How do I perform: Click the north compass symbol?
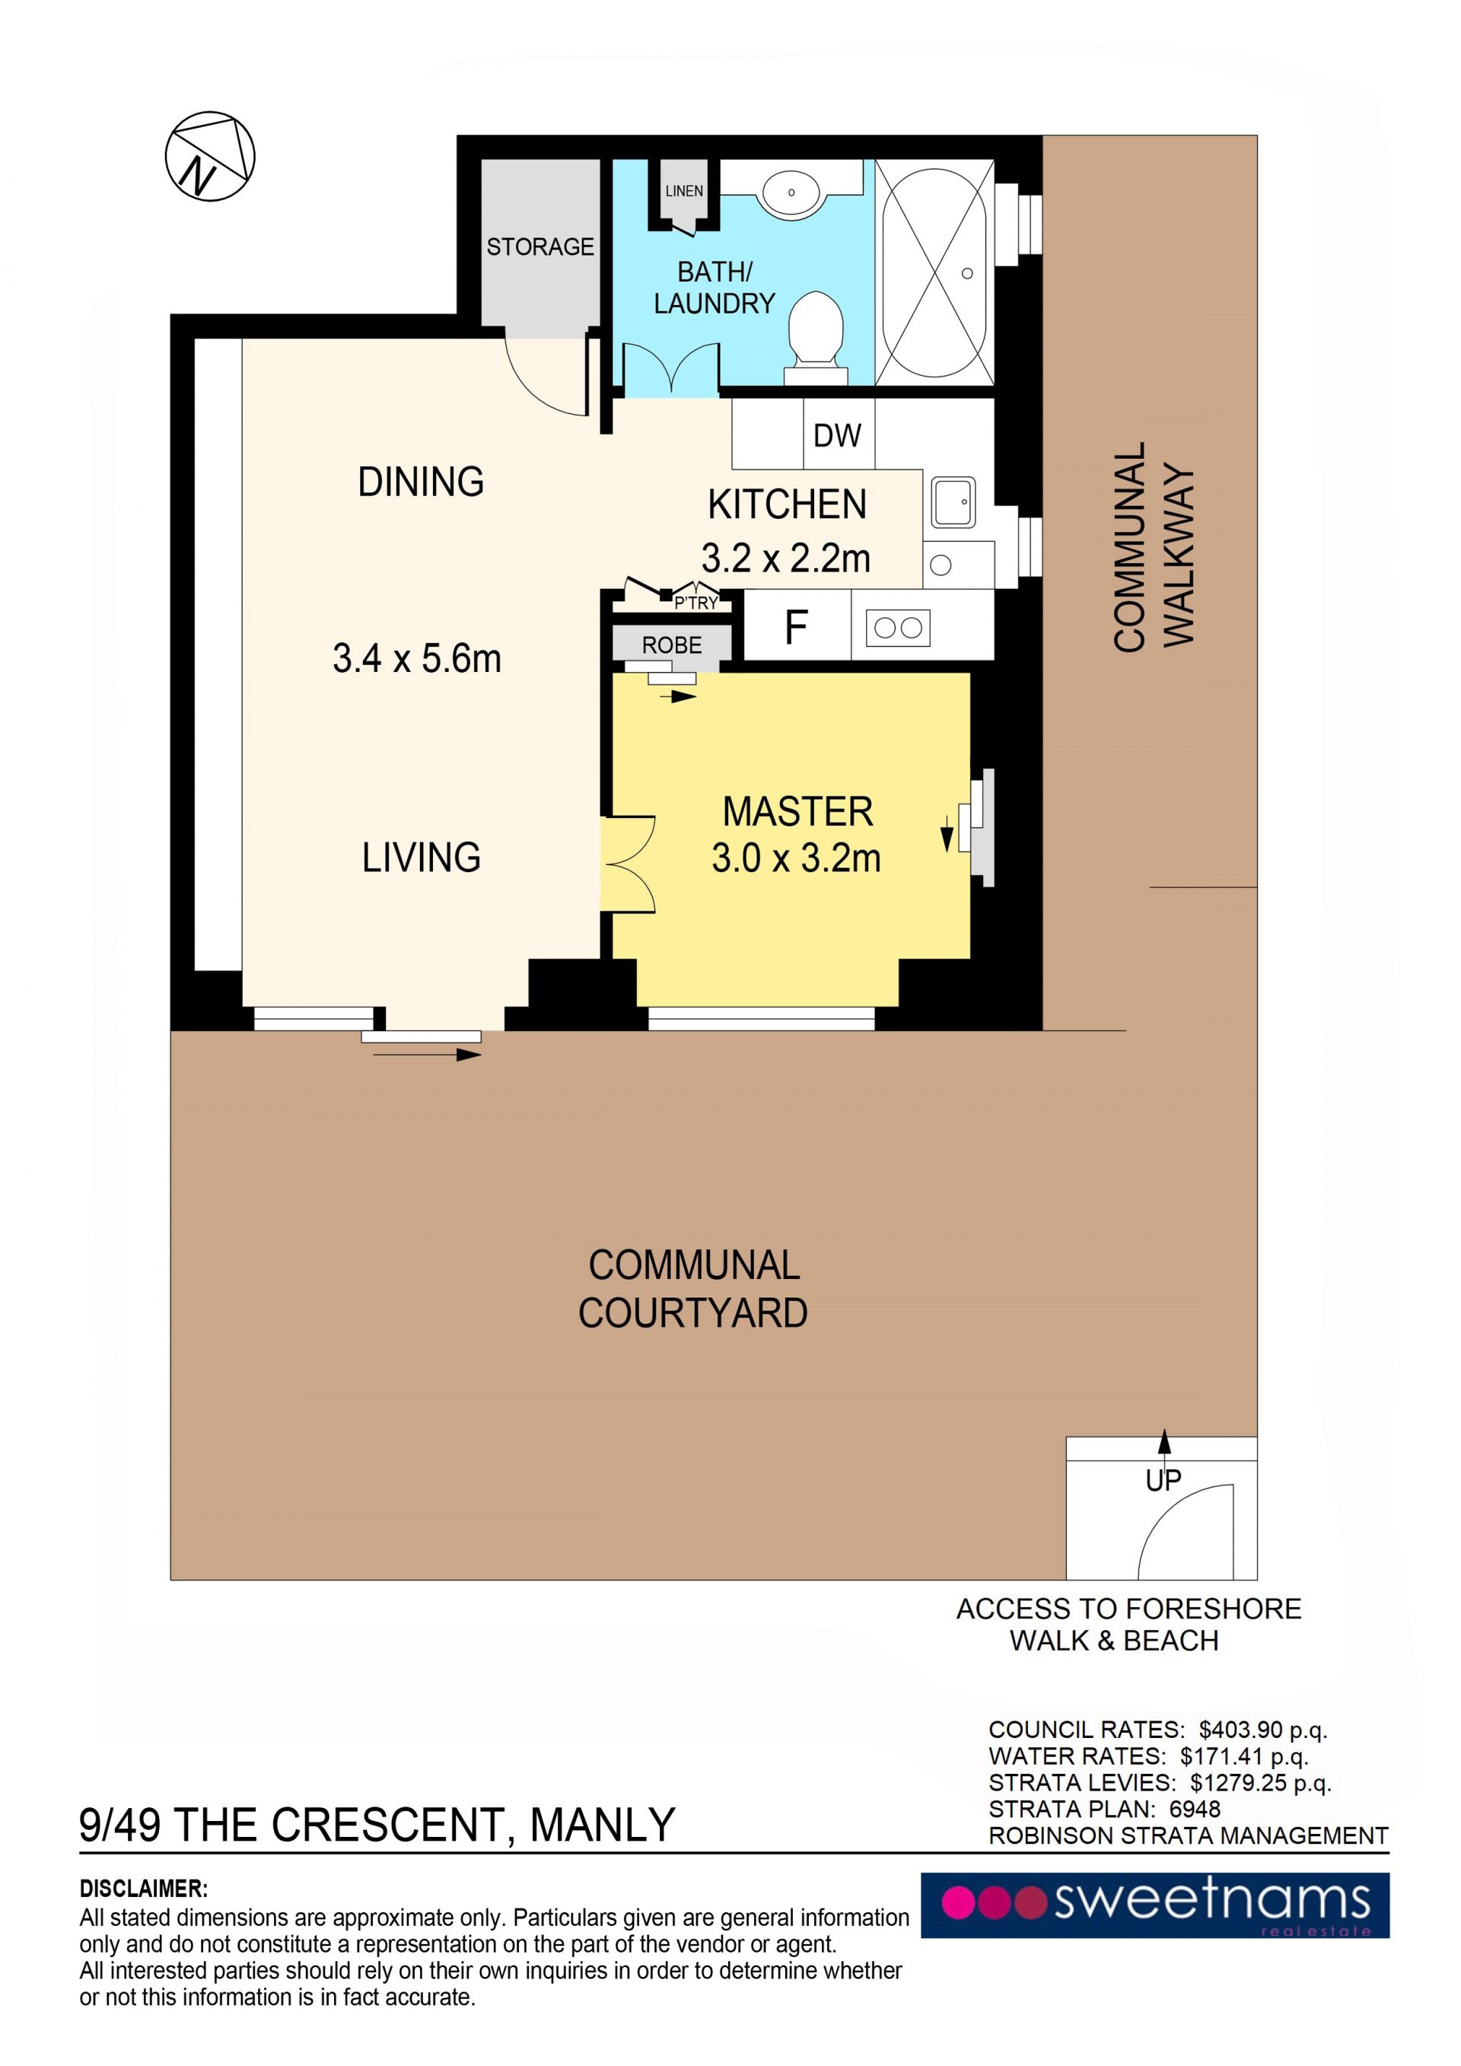coord(209,157)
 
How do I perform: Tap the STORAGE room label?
coord(540,247)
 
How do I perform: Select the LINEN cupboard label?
coord(684,191)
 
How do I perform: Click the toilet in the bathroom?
coord(816,337)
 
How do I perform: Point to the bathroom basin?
coord(791,192)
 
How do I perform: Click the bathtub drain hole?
coord(967,273)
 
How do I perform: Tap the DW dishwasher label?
coord(837,435)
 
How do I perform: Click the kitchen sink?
coord(953,502)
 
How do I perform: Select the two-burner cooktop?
coord(898,627)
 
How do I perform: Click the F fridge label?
coord(796,627)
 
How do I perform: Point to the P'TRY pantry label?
coord(696,603)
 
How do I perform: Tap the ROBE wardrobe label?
coord(671,645)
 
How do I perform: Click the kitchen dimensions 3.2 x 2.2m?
coord(786,559)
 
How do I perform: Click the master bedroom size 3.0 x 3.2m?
coord(796,858)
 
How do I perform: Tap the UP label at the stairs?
coord(1163,1480)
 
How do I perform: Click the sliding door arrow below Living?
coord(428,1055)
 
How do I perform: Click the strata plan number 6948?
coord(1195,1809)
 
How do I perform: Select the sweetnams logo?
coord(1155,1905)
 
